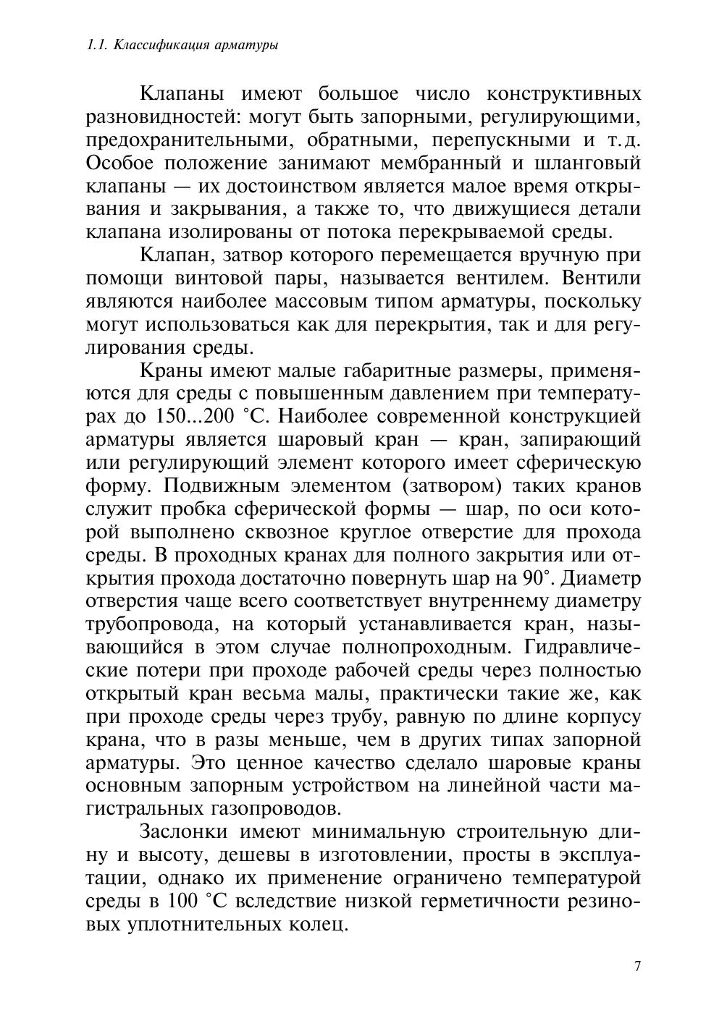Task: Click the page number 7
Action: point(637,967)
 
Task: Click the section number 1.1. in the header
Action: point(97,45)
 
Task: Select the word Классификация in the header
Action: point(154,45)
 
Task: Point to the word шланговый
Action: point(592,164)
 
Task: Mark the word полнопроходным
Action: point(424,648)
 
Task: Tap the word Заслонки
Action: point(186,833)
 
